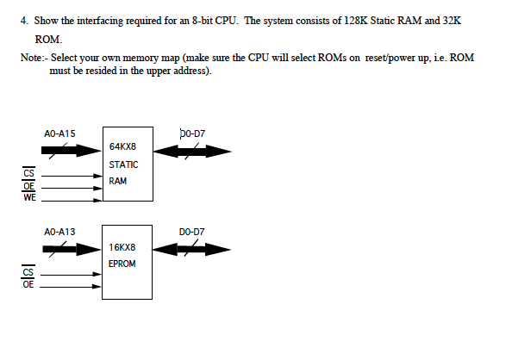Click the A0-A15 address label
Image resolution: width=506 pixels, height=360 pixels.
(x=59, y=133)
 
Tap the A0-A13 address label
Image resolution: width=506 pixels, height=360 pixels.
(x=59, y=232)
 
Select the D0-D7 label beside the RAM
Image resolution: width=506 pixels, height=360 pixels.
(x=192, y=133)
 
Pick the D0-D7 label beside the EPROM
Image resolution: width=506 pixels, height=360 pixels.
(x=191, y=232)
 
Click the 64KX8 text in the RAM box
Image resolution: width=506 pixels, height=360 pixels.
(x=121, y=147)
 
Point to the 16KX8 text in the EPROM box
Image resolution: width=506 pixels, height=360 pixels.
(x=121, y=247)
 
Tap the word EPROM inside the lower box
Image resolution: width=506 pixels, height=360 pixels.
(x=122, y=263)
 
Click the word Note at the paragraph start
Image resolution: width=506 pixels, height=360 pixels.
(x=30, y=57)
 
